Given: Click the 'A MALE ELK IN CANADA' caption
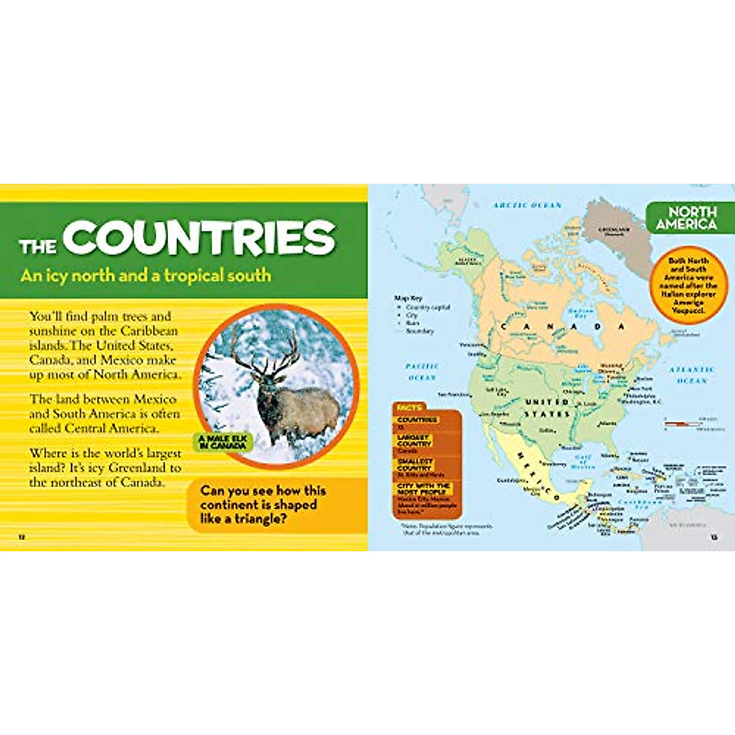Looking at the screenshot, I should pyautogui.click(x=222, y=442).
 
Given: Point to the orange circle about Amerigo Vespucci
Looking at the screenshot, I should pyautogui.click(x=688, y=285).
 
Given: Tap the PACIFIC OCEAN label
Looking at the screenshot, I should pyautogui.click(x=423, y=372).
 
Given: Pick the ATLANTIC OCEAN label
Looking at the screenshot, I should pyautogui.click(x=692, y=375).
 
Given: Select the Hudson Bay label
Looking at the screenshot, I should pyautogui.click(x=580, y=313).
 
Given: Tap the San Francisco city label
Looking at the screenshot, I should pyautogui.click(x=453, y=394).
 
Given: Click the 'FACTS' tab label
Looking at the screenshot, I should pyautogui.click(x=409, y=407).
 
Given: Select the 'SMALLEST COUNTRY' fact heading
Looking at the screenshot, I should pyautogui.click(x=415, y=464).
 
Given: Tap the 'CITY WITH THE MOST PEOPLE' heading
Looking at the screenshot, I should pyautogui.click(x=424, y=489).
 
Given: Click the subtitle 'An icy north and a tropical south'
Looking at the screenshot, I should pyautogui.click(x=146, y=275).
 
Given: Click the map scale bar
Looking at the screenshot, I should pyautogui.click(x=683, y=423).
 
